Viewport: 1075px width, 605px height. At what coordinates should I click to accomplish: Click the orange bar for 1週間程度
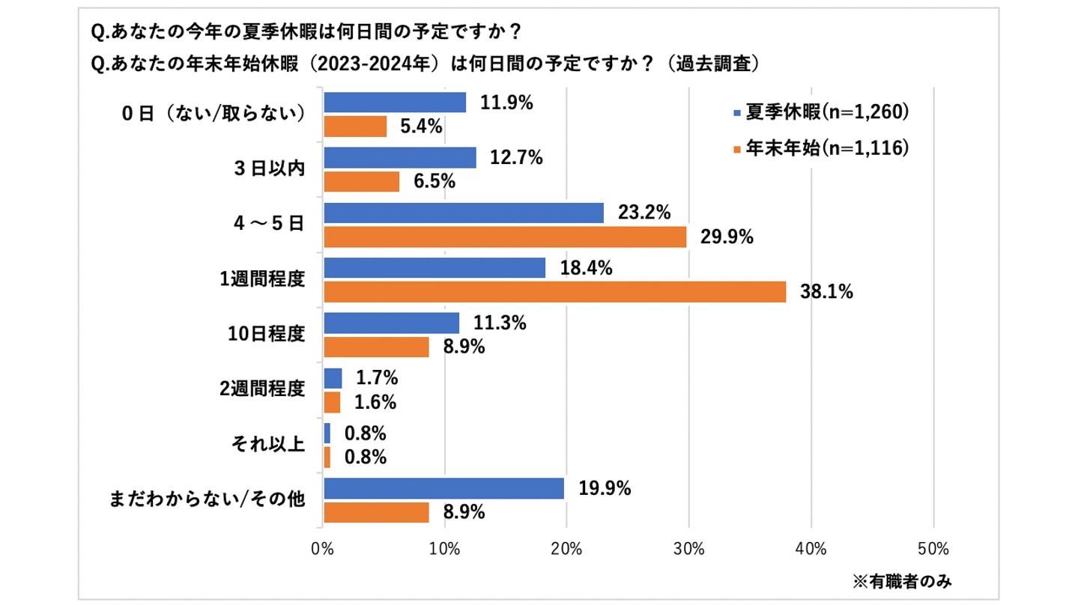554,292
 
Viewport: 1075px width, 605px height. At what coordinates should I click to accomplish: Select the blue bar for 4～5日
463,213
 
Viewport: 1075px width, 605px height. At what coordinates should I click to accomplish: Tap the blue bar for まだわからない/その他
443,489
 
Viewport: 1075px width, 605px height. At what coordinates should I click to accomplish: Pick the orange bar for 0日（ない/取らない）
355,127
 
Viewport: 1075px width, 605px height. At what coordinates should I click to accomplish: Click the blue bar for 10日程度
391,323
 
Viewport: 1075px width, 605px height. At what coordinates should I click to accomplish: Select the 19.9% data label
605,489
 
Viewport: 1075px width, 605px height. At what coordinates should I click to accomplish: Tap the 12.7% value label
517,158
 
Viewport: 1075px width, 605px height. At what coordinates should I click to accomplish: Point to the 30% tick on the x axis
689,548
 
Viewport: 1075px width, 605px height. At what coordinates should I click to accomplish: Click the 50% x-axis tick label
933,548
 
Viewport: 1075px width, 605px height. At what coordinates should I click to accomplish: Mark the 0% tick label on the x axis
323,548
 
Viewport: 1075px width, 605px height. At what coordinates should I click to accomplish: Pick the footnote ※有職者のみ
903,580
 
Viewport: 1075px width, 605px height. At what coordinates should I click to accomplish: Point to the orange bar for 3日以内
361,182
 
